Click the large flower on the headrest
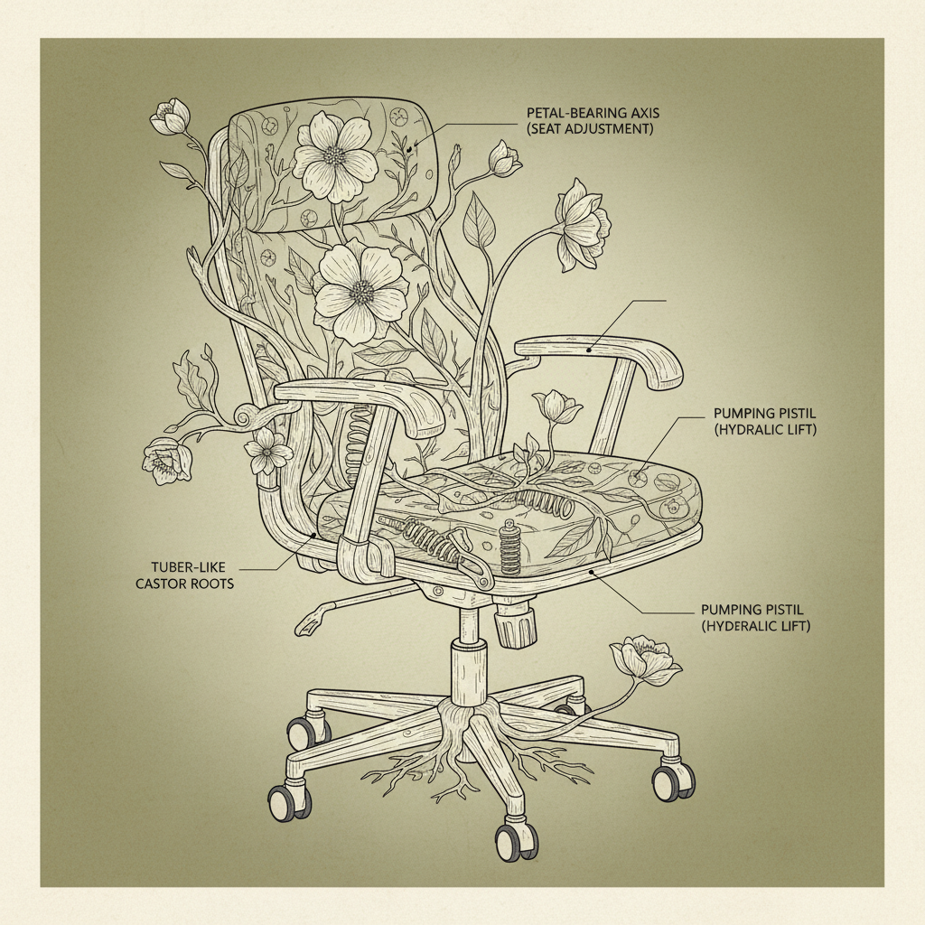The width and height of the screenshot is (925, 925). (335, 155)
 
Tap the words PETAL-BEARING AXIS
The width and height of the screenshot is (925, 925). (593, 114)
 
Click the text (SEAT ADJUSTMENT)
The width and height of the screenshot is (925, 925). (591, 130)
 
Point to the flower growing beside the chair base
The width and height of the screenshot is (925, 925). (645, 661)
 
